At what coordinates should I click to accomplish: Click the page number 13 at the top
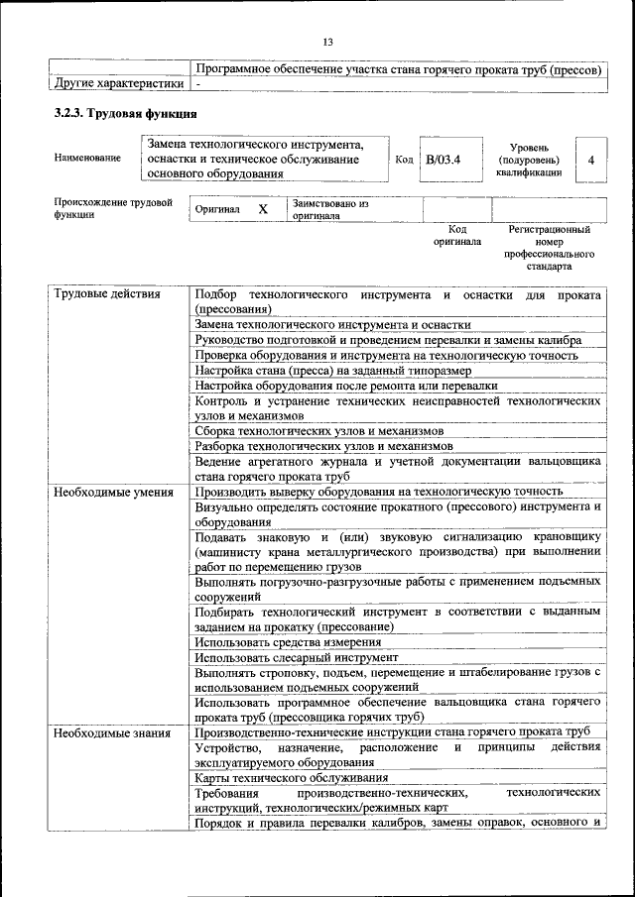326,41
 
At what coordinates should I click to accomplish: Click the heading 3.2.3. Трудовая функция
118,114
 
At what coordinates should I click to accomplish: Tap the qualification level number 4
591,159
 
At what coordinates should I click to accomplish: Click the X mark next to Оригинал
263,209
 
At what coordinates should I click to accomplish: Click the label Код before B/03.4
404,159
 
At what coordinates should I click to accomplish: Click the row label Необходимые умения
114,492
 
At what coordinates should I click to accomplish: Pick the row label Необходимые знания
112,733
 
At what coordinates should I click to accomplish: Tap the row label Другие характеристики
118,84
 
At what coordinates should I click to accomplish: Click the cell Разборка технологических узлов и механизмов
324,446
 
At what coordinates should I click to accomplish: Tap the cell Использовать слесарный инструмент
297,657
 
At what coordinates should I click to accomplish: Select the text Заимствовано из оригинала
330,209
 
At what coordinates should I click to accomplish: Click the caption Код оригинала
457,234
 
